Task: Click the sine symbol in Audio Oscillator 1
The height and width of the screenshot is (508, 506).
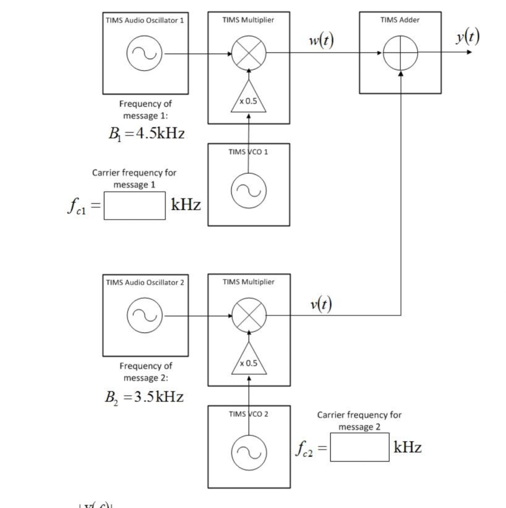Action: [145, 54]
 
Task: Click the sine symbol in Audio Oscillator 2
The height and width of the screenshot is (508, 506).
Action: [145, 316]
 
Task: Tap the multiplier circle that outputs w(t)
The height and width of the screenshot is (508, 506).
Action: [249, 54]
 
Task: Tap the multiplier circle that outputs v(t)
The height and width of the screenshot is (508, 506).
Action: [249, 316]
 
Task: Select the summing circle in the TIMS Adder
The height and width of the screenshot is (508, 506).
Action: [401, 54]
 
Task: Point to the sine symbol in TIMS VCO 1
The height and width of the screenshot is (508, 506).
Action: [249, 189]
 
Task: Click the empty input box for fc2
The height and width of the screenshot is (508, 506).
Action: [359, 447]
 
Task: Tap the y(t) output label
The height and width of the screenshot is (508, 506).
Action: [468, 37]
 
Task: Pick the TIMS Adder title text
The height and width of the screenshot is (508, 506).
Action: [400, 20]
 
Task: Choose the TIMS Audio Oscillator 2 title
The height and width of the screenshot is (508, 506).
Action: [145, 282]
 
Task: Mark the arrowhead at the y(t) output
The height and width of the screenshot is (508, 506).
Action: [469, 53]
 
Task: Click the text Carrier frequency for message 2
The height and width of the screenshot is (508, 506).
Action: [359, 421]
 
